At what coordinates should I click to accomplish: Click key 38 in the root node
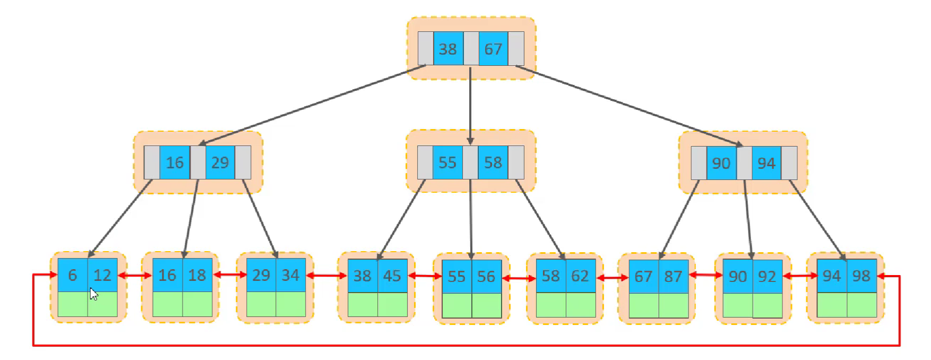pyautogui.click(x=448, y=49)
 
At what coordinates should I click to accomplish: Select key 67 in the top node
pyautogui.click(x=493, y=49)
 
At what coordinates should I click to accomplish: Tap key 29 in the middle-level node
pyautogui.click(x=220, y=162)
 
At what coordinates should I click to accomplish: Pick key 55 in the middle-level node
pyautogui.click(x=447, y=162)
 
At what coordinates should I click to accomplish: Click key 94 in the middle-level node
pyautogui.click(x=766, y=163)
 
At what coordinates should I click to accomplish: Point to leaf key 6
pyautogui.click(x=73, y=275)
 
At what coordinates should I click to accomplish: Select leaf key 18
pyautogui.click(x=197, y=275)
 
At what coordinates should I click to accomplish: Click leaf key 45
pyautogui.click(x=392, y=276)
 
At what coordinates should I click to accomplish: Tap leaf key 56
pyautogui.click(x=486, y=276)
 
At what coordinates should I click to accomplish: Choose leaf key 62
pyautogui.click(x=580, y=276)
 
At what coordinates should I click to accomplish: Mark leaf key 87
pyautogui.click(x=673, y=276)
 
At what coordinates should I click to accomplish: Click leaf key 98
pyautogui.click(x=861, y=276)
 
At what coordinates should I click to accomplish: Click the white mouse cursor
pyautogui.click(x=93, y=294)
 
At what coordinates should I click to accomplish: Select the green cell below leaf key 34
pyautogui.click(x=290, y=304)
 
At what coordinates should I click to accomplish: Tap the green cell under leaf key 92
pyautogui.click(x=767, y=305)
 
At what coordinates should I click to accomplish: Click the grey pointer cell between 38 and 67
pyautogui.click(x=471, y=49)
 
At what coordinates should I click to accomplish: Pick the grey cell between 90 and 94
pyautogui.click(x=744, y=163)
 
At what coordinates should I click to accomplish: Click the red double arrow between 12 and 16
pyautogui.click(x=135, y=276)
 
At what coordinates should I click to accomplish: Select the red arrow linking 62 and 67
pyautogui.click(x=613, y=278)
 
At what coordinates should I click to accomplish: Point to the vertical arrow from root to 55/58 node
pyautogui.click(x=470, y=106)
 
